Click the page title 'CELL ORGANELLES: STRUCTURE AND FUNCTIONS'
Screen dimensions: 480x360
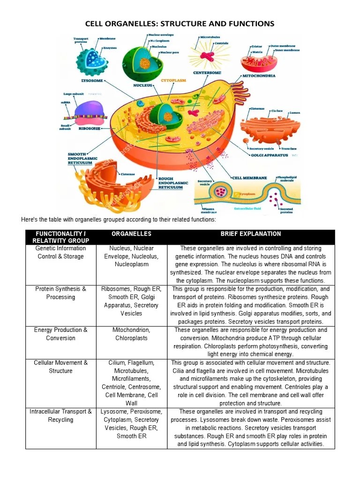point(180,24)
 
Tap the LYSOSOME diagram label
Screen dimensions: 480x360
point(92,81)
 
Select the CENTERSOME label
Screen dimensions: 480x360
point(207,73)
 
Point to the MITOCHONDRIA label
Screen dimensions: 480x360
point(259,75)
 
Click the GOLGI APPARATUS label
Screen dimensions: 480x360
point(270,155)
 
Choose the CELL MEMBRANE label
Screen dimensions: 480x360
point(250,178)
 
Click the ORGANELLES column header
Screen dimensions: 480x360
point(132,233)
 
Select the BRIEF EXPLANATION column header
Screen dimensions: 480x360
point(251,233)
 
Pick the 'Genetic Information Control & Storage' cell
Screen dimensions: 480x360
point(61,252)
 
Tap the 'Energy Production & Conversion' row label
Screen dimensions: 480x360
point(61,334)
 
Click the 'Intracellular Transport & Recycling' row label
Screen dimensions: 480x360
point(61,415)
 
